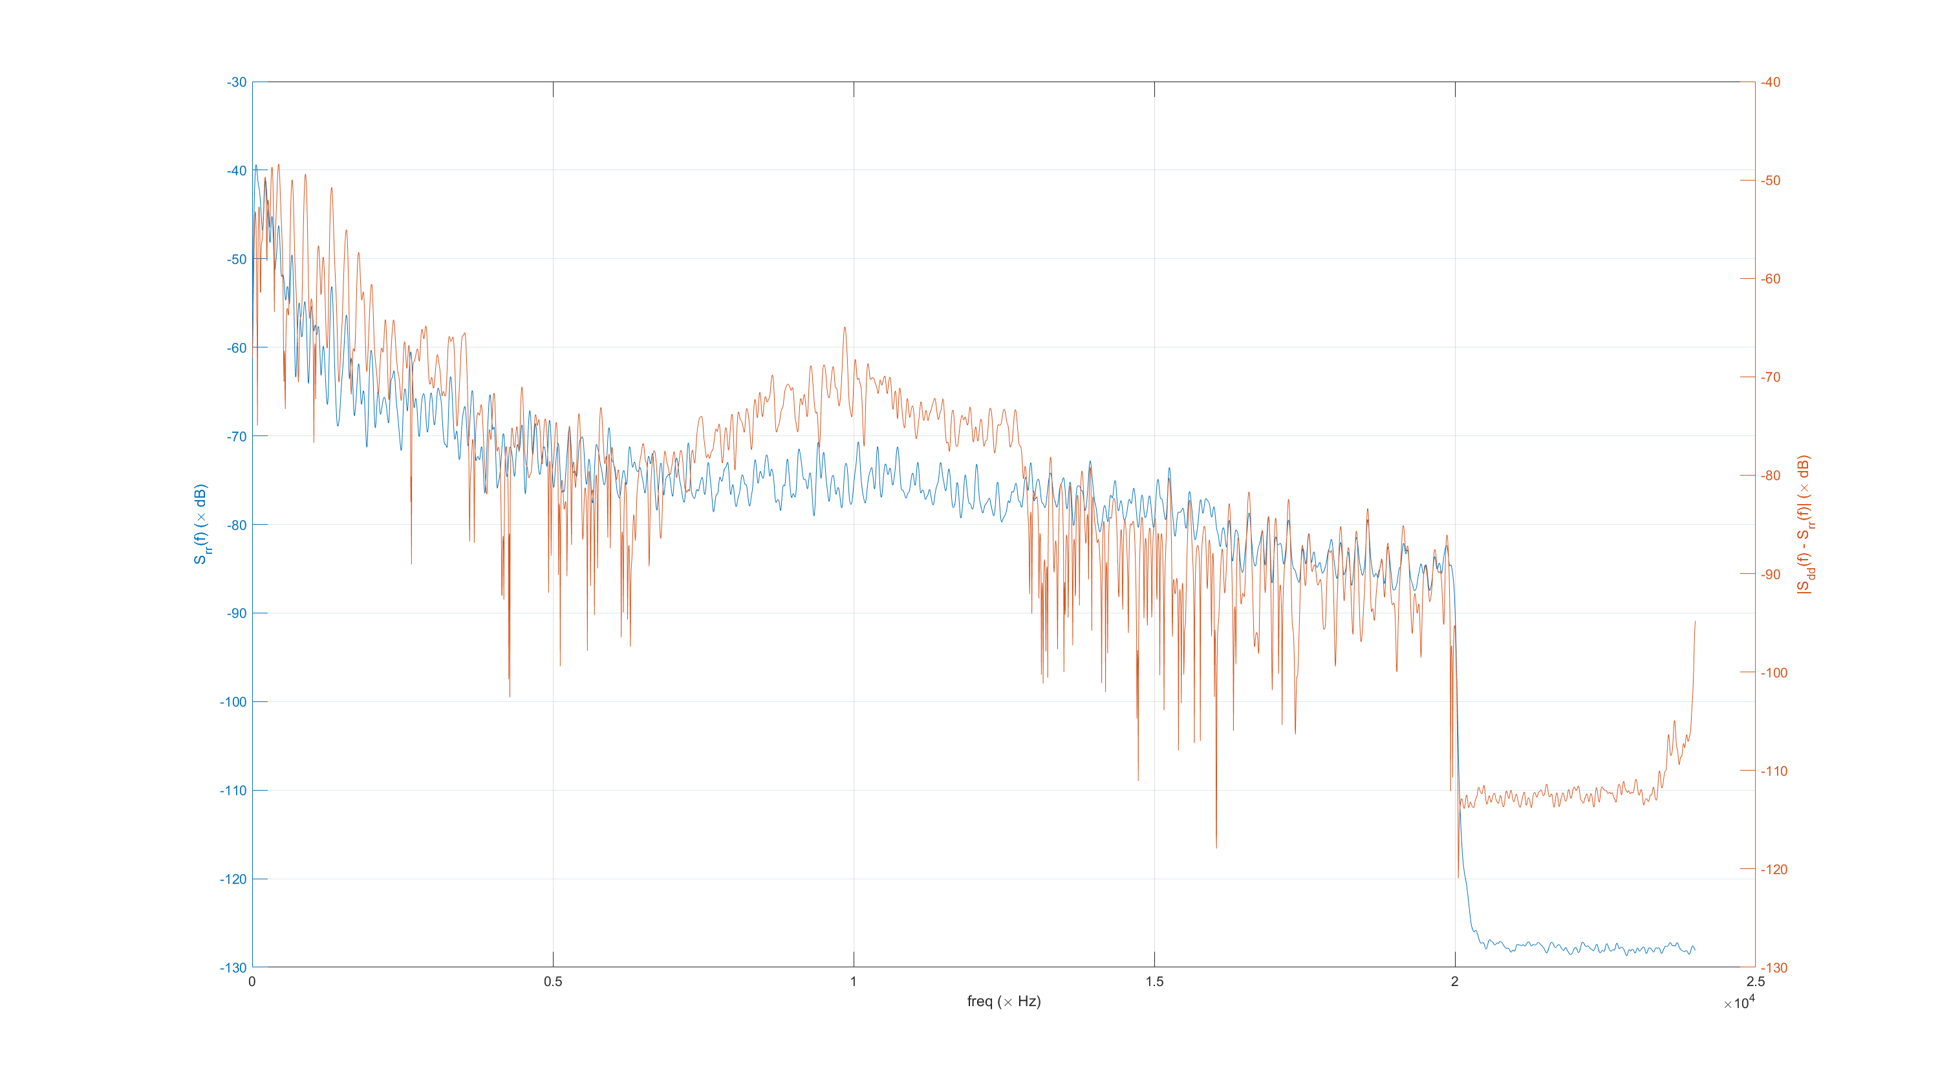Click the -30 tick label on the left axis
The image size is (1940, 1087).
click(237, 82)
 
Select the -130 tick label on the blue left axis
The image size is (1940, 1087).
click(233, 968)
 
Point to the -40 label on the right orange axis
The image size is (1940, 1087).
click(1771, 82)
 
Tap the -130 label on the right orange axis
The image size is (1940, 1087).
click(1774, 968)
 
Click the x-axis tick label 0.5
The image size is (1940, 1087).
click(553, 982)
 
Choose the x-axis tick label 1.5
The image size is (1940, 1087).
click(1154, 982)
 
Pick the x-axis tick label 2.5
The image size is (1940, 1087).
click(1756, 982)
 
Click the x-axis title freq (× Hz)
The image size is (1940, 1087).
click(1004, 1002)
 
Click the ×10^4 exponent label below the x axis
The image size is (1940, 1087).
click(1739, 1004)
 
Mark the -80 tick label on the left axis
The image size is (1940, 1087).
click(237, 525)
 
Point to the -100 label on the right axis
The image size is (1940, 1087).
click(1774, 673)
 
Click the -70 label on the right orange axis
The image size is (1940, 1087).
click(1771, 377)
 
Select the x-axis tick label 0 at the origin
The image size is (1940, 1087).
click(252, 982)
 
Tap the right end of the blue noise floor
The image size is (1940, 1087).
click(1694, 949)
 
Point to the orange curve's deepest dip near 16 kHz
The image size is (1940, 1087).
click(1216, 848)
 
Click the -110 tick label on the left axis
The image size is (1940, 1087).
click(233, 791)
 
